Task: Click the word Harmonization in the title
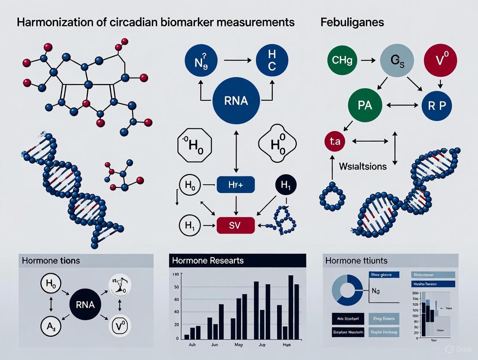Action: click(x=52, y=22)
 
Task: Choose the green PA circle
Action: click(x=365, y=105)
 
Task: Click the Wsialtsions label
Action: click(x=363, y=166)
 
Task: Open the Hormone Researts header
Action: click(x=208, y=260)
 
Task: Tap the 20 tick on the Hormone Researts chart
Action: click(x=176, y=324)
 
